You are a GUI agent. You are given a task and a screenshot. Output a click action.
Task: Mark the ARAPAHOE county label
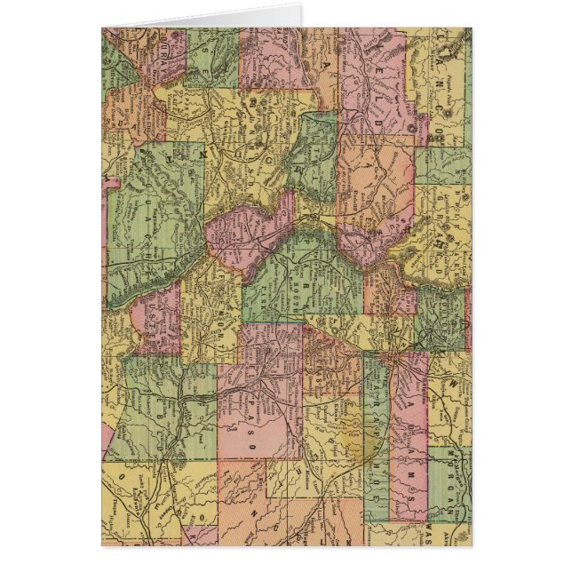(x=373, y=426)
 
